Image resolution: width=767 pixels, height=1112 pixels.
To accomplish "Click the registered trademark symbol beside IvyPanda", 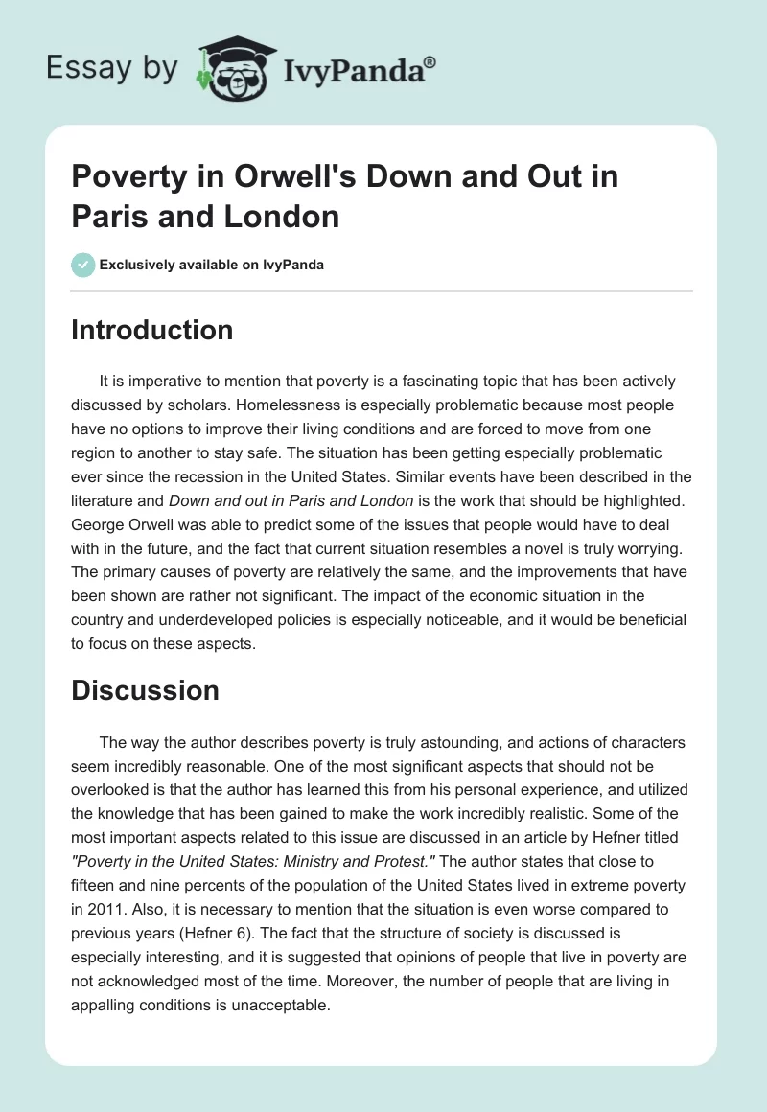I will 430,61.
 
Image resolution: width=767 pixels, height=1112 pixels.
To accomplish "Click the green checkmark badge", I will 82,265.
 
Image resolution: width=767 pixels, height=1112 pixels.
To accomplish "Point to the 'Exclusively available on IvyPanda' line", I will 211,265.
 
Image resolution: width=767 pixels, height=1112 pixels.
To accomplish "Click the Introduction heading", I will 151,330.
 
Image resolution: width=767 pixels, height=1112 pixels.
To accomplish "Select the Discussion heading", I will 145,689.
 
